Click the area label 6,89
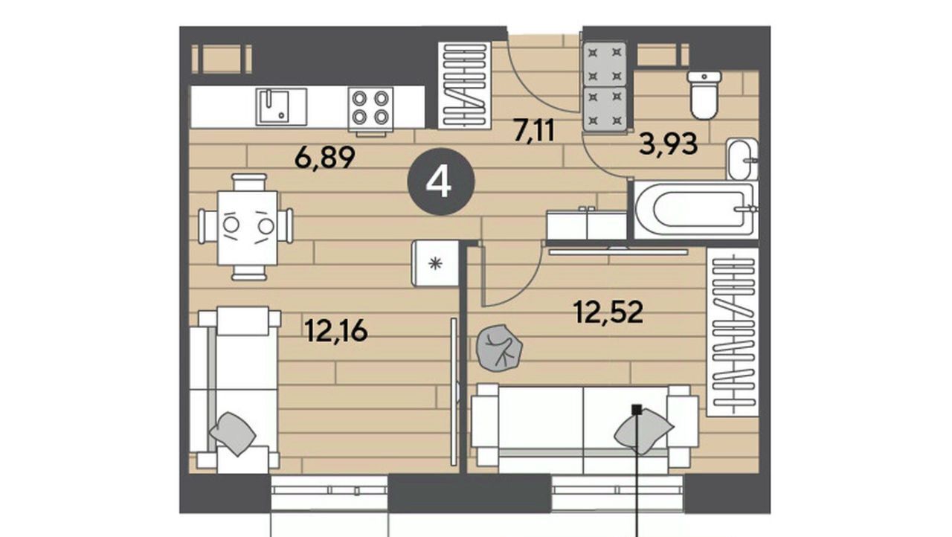click(325, 158)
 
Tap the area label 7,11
click(534, 130)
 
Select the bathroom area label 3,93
click(669, 145)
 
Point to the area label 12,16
click(336, 331)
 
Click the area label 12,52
click(608, 312)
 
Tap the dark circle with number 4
click(441, 181)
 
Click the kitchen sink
click(281, 106)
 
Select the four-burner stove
click(370, 109)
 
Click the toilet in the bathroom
click(704, 95)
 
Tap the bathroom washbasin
click(742, 159)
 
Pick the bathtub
click(695, 210)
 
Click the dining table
click(248, 228)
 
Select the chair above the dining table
click(249, 181)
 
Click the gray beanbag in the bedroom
click(499, 348)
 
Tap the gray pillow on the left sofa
click(233, 434)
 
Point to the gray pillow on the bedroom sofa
click(643, 431)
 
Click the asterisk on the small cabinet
click(435, 264)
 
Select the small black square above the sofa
click(636, 410)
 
